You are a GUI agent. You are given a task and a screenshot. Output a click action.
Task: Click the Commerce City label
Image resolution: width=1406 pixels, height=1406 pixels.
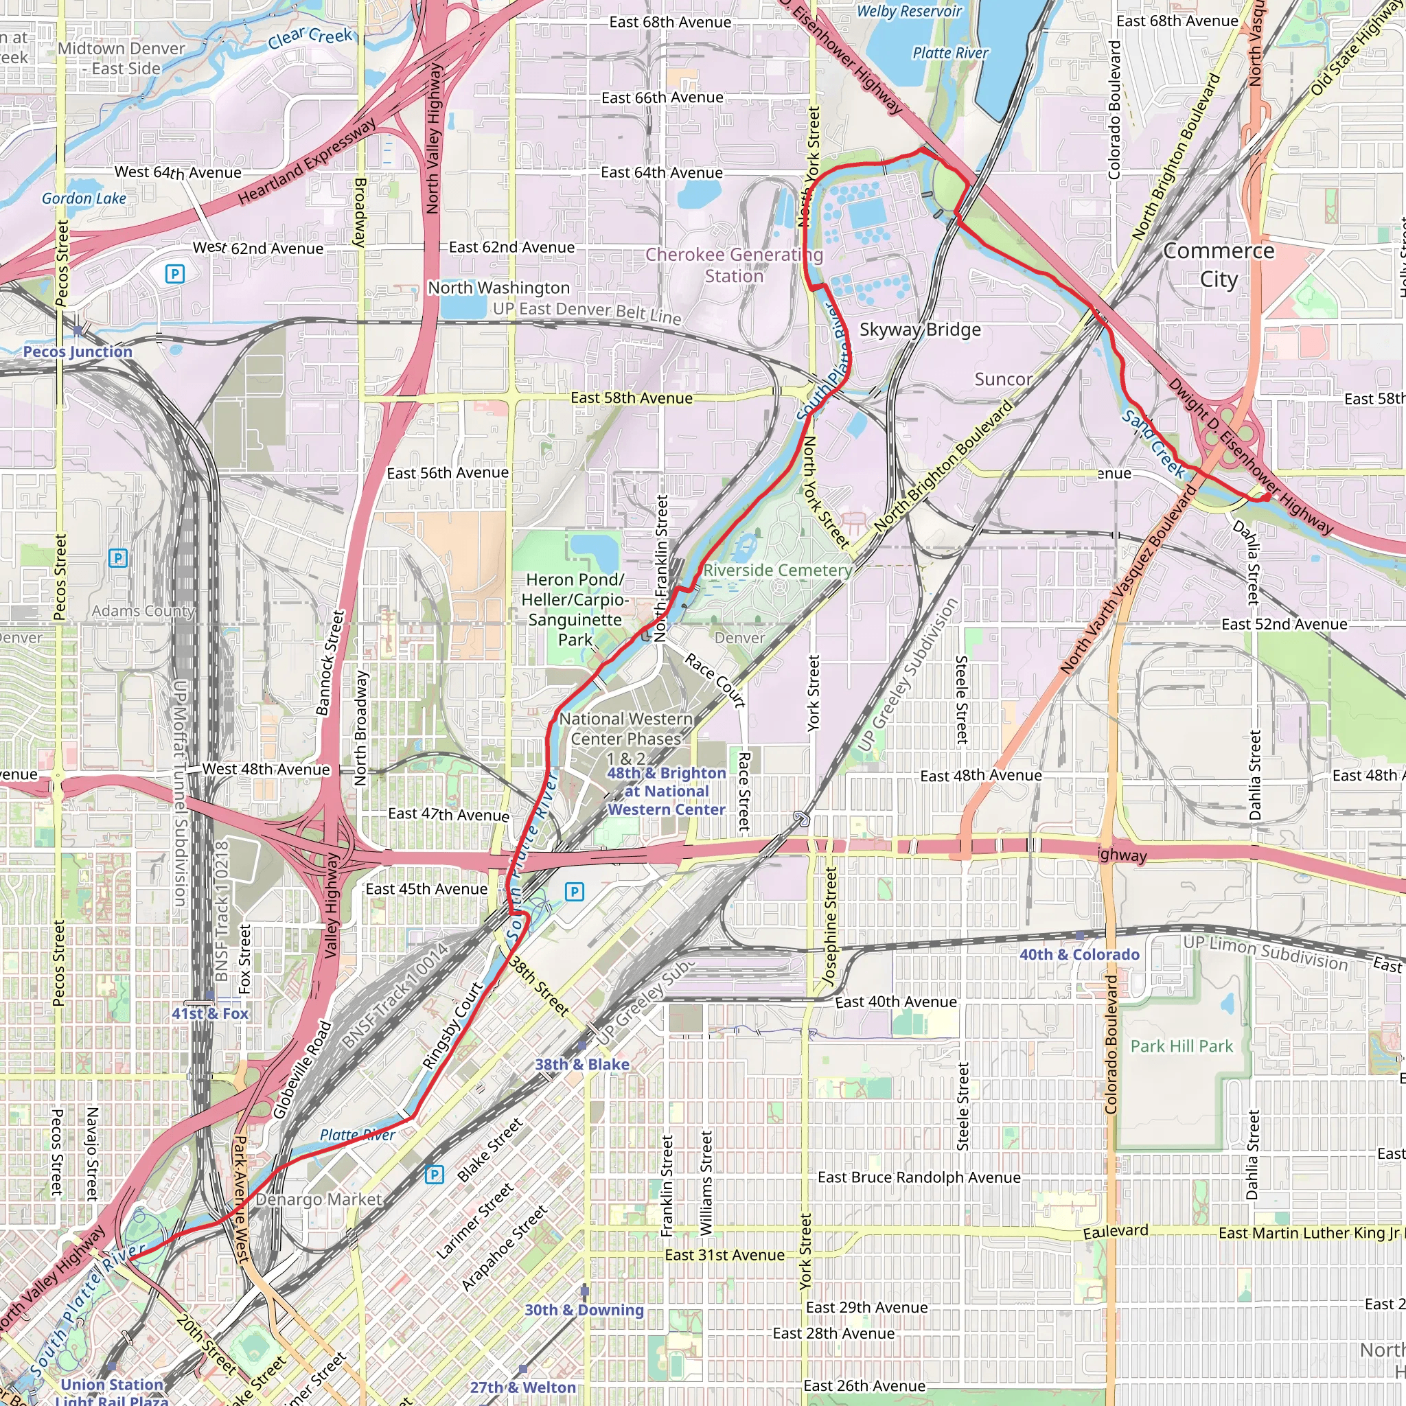[1219, 264]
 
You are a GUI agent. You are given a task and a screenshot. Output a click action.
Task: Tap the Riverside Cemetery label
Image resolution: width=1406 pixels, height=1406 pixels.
[777, 570]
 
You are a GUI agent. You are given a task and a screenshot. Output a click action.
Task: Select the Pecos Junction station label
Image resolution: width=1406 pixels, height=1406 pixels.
[77, 351]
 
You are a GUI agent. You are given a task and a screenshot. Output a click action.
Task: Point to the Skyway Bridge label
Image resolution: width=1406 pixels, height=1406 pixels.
[920, 330]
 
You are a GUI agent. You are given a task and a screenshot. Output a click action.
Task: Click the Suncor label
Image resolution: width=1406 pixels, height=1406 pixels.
[1003, 379]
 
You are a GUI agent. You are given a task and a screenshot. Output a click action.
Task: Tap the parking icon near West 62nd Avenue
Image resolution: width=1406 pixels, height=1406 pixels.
[174, 274]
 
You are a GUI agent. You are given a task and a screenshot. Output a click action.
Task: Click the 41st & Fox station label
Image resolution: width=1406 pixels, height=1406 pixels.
[209, 1013]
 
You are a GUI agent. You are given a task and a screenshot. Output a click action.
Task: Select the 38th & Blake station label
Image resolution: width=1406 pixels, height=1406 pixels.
[582, 1064]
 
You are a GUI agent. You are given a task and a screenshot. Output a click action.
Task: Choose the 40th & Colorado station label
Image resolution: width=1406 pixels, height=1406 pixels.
[1079, 954]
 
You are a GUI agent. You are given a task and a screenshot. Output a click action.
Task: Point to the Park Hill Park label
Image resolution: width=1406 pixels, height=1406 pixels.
[1181, 1046]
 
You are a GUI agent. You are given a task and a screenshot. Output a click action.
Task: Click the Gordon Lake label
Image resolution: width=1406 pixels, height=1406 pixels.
[84, 198]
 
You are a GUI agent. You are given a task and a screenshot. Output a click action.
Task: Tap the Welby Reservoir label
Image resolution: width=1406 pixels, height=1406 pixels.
[909, 11]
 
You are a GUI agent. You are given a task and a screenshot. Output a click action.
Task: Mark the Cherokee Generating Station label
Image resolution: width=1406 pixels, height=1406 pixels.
[734, 265]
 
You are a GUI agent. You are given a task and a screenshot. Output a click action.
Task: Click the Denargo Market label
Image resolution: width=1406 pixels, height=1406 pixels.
[319, 1199]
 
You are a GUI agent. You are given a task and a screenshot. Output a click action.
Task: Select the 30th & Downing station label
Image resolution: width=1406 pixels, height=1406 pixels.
[584, 1309]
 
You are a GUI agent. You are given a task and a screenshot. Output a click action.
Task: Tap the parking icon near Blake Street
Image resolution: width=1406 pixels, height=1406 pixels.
[434, 1174]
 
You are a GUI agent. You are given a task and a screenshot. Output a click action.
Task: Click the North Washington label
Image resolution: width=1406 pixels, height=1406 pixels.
[498, 288]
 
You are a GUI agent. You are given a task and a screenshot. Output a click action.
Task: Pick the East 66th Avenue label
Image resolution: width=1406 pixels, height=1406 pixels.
[662, 97]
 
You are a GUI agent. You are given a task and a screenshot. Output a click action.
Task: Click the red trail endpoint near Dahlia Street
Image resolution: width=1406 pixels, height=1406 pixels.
[1266, 496]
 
